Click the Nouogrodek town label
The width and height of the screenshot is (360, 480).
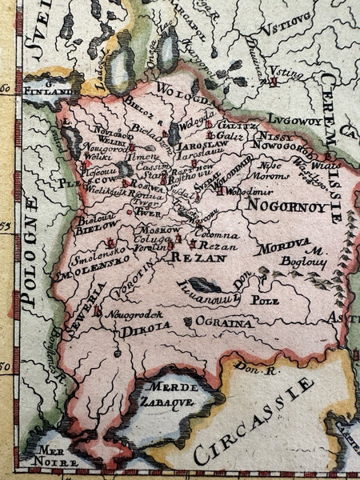(128, 315)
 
